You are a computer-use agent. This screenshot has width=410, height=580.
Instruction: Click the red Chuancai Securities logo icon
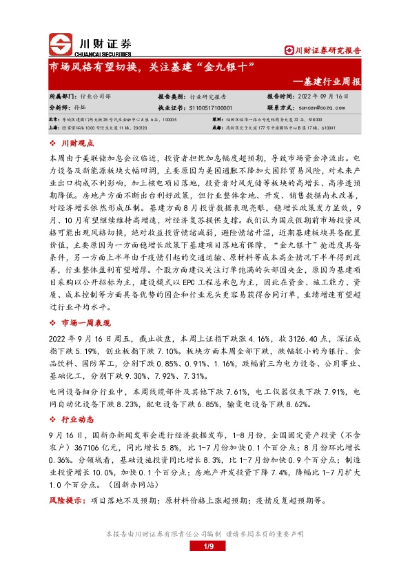click(x=61, y=43)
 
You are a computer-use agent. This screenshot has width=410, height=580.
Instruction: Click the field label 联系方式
click(x=282, y=107)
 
